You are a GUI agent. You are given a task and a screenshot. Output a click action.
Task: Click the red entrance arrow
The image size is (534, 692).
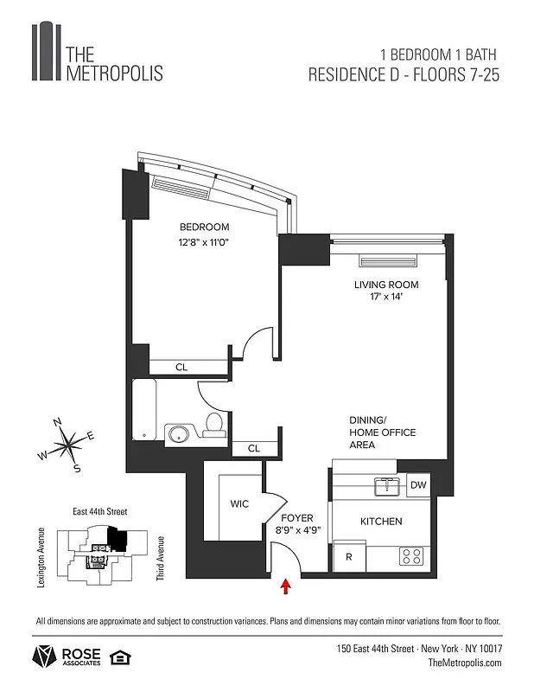(286, 589)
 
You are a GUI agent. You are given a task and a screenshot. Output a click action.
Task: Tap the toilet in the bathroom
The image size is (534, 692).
(213, 424)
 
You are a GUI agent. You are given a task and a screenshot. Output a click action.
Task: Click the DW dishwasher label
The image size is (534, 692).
(417, 485)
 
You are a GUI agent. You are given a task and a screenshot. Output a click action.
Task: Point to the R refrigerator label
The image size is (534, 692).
(348, 557)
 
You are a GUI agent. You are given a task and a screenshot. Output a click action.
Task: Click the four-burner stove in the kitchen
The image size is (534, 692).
(412, 556)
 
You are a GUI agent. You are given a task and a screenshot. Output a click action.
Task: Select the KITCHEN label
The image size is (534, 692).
(381, 522)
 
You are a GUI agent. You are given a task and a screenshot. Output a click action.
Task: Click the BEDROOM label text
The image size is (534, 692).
(204, 227)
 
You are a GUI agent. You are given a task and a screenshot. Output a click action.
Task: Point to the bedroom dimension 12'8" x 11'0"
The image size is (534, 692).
(204, 243)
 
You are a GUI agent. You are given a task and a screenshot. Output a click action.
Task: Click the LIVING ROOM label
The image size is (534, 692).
(385, 285)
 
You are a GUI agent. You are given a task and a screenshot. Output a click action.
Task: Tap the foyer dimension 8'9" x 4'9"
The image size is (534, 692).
(298, 531)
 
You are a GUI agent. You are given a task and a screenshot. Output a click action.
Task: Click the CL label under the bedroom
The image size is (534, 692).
(181, 368)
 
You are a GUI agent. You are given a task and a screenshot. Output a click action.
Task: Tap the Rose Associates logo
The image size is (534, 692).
(67, 657)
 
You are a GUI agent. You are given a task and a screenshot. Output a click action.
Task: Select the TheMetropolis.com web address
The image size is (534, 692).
(464, 663)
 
